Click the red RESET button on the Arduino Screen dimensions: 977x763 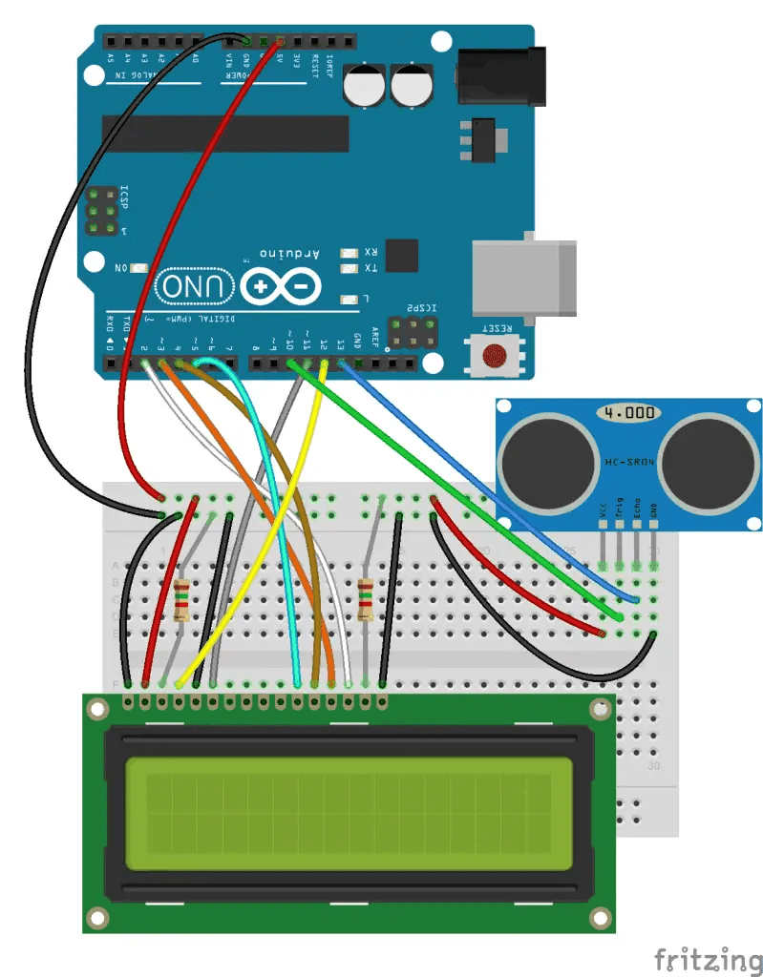(x=493, y=357)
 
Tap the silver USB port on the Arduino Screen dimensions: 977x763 (x=524, y=278)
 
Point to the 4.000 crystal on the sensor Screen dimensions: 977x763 (x=630, y=413)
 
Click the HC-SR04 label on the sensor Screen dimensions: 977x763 (x=629, y=462)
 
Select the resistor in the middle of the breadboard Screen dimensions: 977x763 (x=366, y=600)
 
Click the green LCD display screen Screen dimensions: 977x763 (x=339, y=805)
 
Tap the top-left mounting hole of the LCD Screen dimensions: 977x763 (x=96, y=709)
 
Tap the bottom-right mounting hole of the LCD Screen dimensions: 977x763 (x=600, y=918)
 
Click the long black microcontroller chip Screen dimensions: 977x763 (x=225, y=134)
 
